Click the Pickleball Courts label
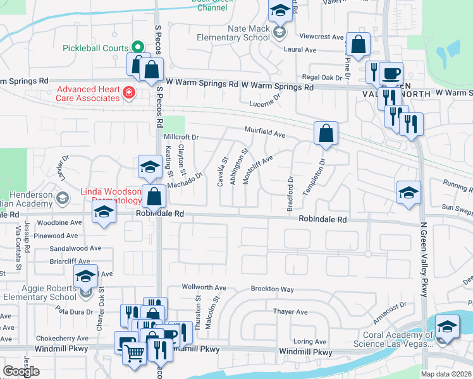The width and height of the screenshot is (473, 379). click(95, 48)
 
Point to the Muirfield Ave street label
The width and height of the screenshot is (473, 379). click(266, 133)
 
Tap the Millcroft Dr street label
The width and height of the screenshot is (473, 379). click(181, 136)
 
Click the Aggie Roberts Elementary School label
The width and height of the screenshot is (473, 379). click(39, 292)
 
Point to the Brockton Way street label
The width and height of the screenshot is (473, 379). click(273, 289)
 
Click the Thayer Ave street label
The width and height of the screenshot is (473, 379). click(290, 312)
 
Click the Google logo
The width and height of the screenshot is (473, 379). click(21, 371)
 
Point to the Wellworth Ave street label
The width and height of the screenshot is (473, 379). click(204, 287)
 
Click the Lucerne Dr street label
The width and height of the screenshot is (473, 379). click(264, 103)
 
